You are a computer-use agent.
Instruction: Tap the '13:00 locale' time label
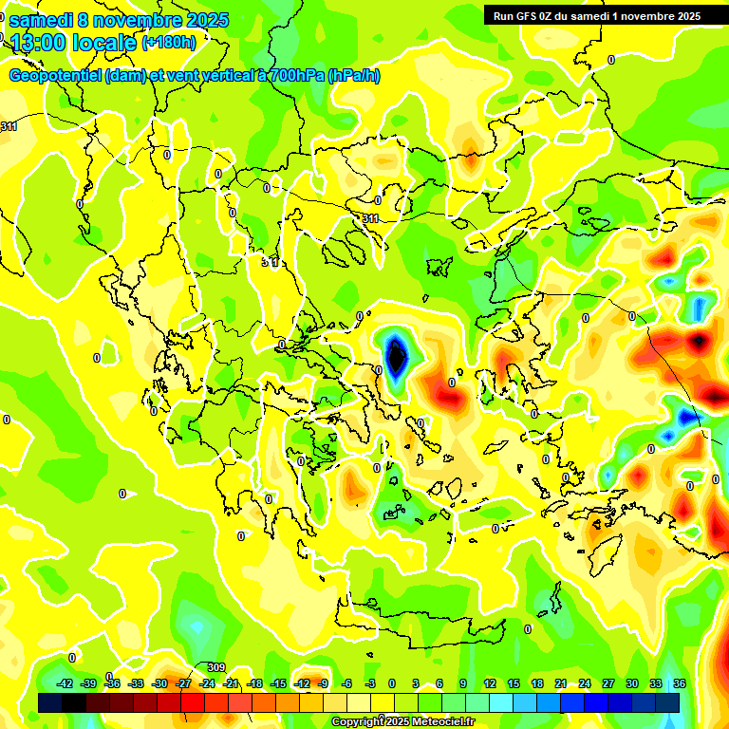coord(74,42)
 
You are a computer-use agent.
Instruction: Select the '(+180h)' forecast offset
coord(168,42)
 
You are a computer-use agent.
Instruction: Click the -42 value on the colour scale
coord(65,683)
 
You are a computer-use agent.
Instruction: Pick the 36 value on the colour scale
coord(680,683)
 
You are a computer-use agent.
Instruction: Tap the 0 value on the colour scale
coord(392,683)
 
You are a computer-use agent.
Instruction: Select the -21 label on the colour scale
coord(232,683)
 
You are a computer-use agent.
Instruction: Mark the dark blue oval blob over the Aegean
coord(395,358)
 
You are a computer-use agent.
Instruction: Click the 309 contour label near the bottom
coord(215,667)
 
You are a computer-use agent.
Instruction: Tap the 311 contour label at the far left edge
coord(9,126)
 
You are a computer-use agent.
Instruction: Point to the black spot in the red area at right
coord(699,339)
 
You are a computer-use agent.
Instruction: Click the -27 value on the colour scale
coord(184,683)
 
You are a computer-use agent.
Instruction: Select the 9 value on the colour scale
coord(463,683)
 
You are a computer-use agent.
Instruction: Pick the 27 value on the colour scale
coord(608,683)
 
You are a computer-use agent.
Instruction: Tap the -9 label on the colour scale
coord(323,683)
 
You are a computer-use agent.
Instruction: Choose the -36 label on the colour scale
coord(112,683)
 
